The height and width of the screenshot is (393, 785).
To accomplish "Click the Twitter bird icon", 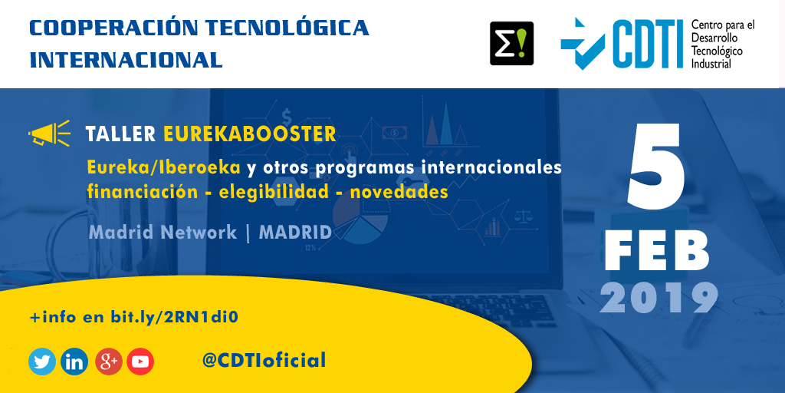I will pos(42,361).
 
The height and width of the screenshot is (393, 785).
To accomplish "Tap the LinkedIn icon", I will pos(74,361).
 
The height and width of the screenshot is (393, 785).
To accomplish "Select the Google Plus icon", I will pos(108,361).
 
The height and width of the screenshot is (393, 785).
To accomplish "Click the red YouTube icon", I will pos(140,361).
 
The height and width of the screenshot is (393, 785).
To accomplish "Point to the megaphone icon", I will pos(49,134).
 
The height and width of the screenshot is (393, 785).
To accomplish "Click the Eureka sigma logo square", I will pos(511,43).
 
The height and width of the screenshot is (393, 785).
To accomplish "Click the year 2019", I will pos(659,298).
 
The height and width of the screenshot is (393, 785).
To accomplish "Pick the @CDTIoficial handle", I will pos(264,360).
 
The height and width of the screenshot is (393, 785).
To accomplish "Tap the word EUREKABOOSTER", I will pos(250,134).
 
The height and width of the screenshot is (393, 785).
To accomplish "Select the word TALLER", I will pos(121,134).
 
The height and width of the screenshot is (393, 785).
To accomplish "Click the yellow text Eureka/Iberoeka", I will pos(164,167).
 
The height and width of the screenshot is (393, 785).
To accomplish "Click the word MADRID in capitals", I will pos(295,233).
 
